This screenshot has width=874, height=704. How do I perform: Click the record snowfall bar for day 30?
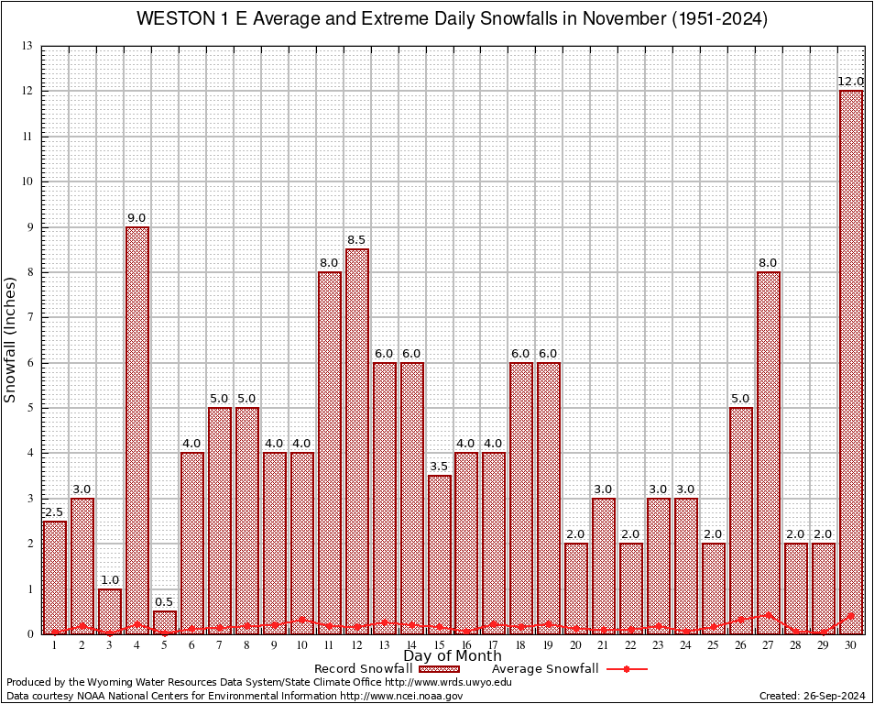pyautogui.click(x=851, y=362)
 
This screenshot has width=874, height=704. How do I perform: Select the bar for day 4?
pyautogui.click(x=137, y=430)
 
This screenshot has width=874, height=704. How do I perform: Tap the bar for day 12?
pyautogui.click(x=357, y=441)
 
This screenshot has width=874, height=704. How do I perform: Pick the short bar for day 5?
pyautogui.click(x=165, y=622)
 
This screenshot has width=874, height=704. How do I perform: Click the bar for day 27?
pyautogui.click(x=769, y=453)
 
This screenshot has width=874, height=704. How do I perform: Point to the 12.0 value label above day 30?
pyautogui.click(x=851, y=82)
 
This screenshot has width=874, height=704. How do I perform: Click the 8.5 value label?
pyautogui.click(x=357, y=240)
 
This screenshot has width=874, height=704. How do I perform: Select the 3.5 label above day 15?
pyautogui.click(x=440, y=467)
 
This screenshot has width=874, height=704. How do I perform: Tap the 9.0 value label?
pyautogui.click(x=137, y=217)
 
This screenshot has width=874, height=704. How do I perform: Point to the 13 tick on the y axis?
pyautogui.click(x=27, y=46)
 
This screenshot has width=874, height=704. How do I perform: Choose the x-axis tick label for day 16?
pyautogui.click(x=466, y=645)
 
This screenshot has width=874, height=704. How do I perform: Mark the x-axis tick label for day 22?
pyautogui.click(x=631, y=645)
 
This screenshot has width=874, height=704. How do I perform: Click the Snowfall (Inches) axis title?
pyautogui.click(x=11, y=339)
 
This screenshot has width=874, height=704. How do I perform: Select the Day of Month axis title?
pyautogui.click(x=452, y=656)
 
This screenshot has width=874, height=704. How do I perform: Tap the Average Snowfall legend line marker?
pyautogui.click(x=627, y=669)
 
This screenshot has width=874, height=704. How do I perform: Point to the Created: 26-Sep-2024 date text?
pyautogui.click(x=813, y=696)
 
